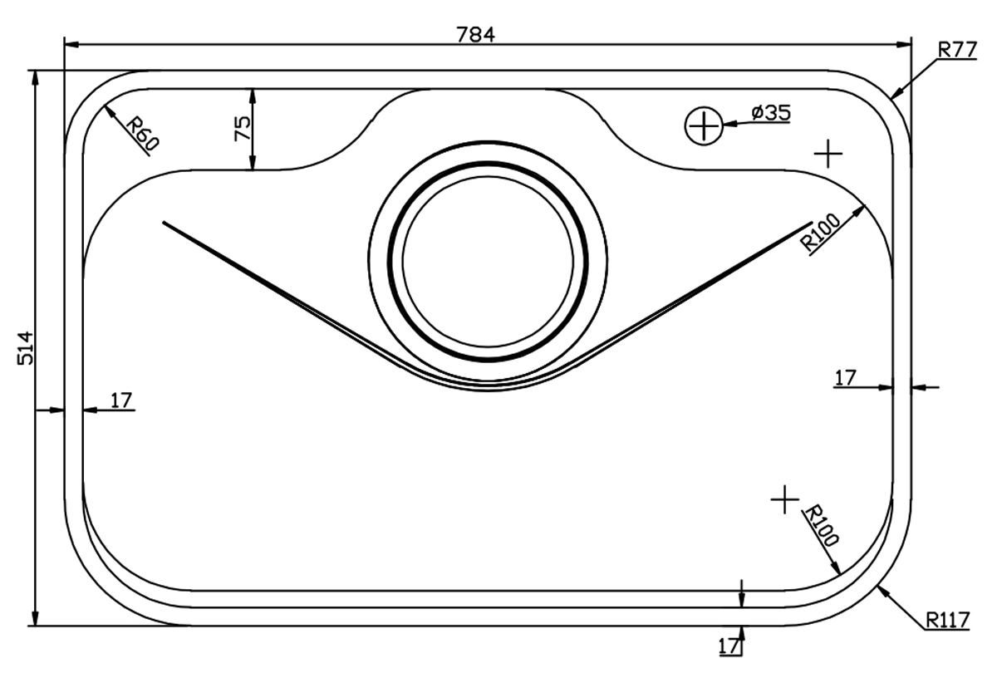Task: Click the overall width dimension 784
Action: (x=475, y=35)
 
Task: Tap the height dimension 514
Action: (x=26, y=348)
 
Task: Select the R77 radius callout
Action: (x=957, y=50)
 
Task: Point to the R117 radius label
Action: (x=947, y=621)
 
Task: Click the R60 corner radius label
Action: (x=142, y=133)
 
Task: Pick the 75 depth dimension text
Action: (x=243, y=129)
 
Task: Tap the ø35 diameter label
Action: (x=771, y=113)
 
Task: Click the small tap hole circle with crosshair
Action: (x=704, y=126)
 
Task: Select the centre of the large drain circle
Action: (x=488, y=262)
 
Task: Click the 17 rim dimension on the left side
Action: (x=121, y=400)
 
